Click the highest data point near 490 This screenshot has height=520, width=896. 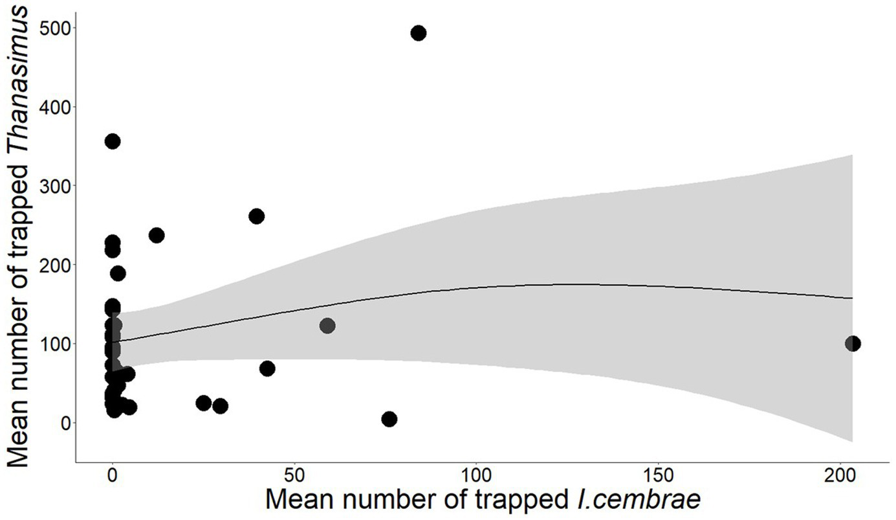click(x=419, y=33)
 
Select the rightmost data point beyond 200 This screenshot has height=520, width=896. click(x=853, y=343)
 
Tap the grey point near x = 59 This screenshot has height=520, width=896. click(x=327, y=326)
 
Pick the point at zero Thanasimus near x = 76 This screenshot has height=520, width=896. click(x=389, y=419)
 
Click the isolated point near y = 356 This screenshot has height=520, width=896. click(x=113, y=141)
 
